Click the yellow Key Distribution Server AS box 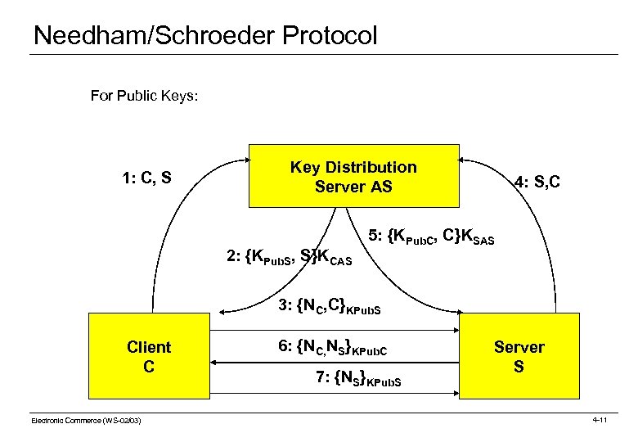tap(353, 177)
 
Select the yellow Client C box tap(148, 357)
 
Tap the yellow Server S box tap(518, 357)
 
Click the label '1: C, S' tap(146, 177)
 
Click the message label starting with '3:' tap(330, 307)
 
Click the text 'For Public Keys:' tap(144, 96)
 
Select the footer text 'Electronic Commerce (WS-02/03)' tap(86, 420)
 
